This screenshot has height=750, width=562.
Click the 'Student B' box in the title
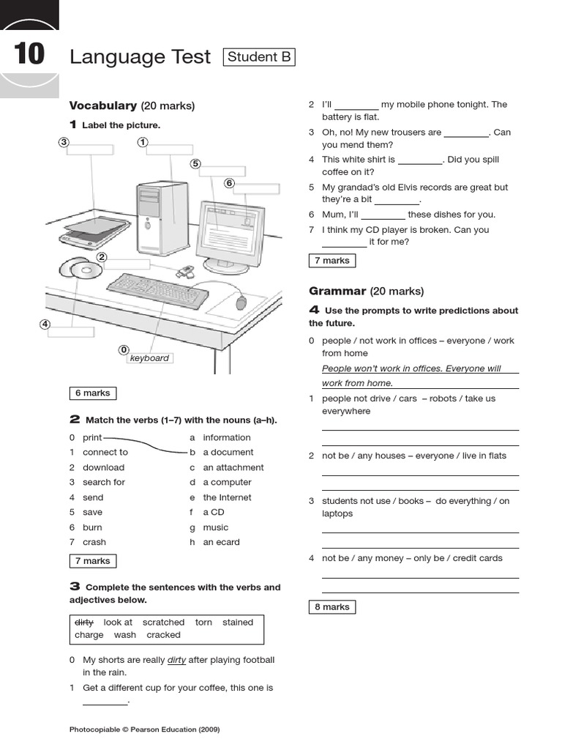click(259, 57)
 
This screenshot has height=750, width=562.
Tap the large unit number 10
click(29, 55)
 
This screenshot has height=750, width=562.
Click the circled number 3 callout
click(64, 142)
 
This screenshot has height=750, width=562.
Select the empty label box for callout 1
click(169, 149)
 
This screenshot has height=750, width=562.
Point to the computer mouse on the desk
click(241, 302)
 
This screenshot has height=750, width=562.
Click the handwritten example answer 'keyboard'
click(149, 358)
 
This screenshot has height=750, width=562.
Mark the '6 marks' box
click(93, 393)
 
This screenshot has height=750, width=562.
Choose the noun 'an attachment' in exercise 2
click(233, 467)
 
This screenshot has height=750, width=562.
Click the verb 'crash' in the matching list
click(94, 542)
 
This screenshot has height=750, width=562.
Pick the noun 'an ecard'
click(221, 542)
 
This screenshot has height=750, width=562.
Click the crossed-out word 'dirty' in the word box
click(84, 622)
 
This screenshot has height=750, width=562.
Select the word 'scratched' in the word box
click(163, 622)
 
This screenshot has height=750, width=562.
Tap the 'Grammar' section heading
click(337, 291)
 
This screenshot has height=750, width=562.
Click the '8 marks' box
click(331, 606)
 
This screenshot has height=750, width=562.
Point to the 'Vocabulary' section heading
click(102, 105)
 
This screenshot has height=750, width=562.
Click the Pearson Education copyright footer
click(144, 729)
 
